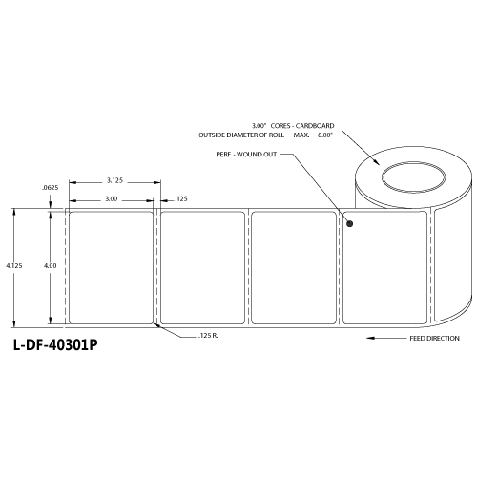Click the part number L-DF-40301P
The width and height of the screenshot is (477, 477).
[x=55, y=347]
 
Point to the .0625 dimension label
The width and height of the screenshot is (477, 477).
[x=51, y=190]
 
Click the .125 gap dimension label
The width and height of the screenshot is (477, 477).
[x=181, y=199]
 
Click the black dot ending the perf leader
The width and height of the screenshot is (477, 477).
[x=349, y=225]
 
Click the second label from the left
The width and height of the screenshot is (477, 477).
[x=202, y=267]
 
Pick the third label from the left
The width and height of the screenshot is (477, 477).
[x=293, y=267]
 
